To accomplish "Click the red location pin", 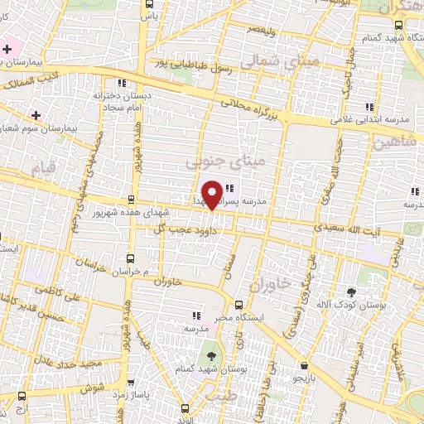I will click(213, 194).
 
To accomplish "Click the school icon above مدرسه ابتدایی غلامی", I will click(369, 107).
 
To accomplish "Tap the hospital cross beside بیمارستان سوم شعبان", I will click(36, 113).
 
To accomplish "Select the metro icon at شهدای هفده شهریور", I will click(130, 200).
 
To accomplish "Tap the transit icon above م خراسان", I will click(128, 258).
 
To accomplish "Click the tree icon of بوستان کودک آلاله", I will click(351, 292).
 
